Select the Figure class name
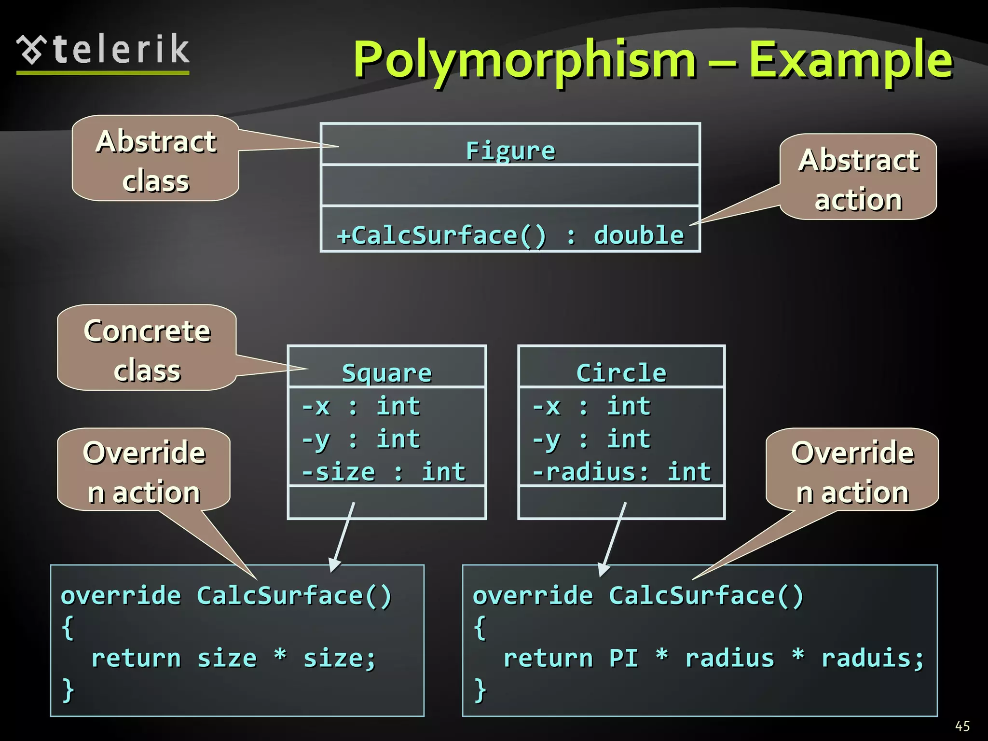click(x=510, y=151)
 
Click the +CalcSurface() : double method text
click(x=510, y=235)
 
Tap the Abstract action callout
click(x=858, y=179)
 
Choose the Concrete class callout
click(x=147, y=350)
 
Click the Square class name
click(x=387, y=373)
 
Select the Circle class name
click(x=621, y=373)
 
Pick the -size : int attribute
click(x=384, y=472)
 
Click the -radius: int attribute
click(x=621, y=472)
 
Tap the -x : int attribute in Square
click(x=361, y=406)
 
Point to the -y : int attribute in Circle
click(x=591, y=439)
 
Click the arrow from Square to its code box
click(x=343, y=535)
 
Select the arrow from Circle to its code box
click(x=614, y=538)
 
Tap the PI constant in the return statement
click(x=623, y=658)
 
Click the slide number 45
click(x=962, y=726)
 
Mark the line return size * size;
click(x=233, y=658)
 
